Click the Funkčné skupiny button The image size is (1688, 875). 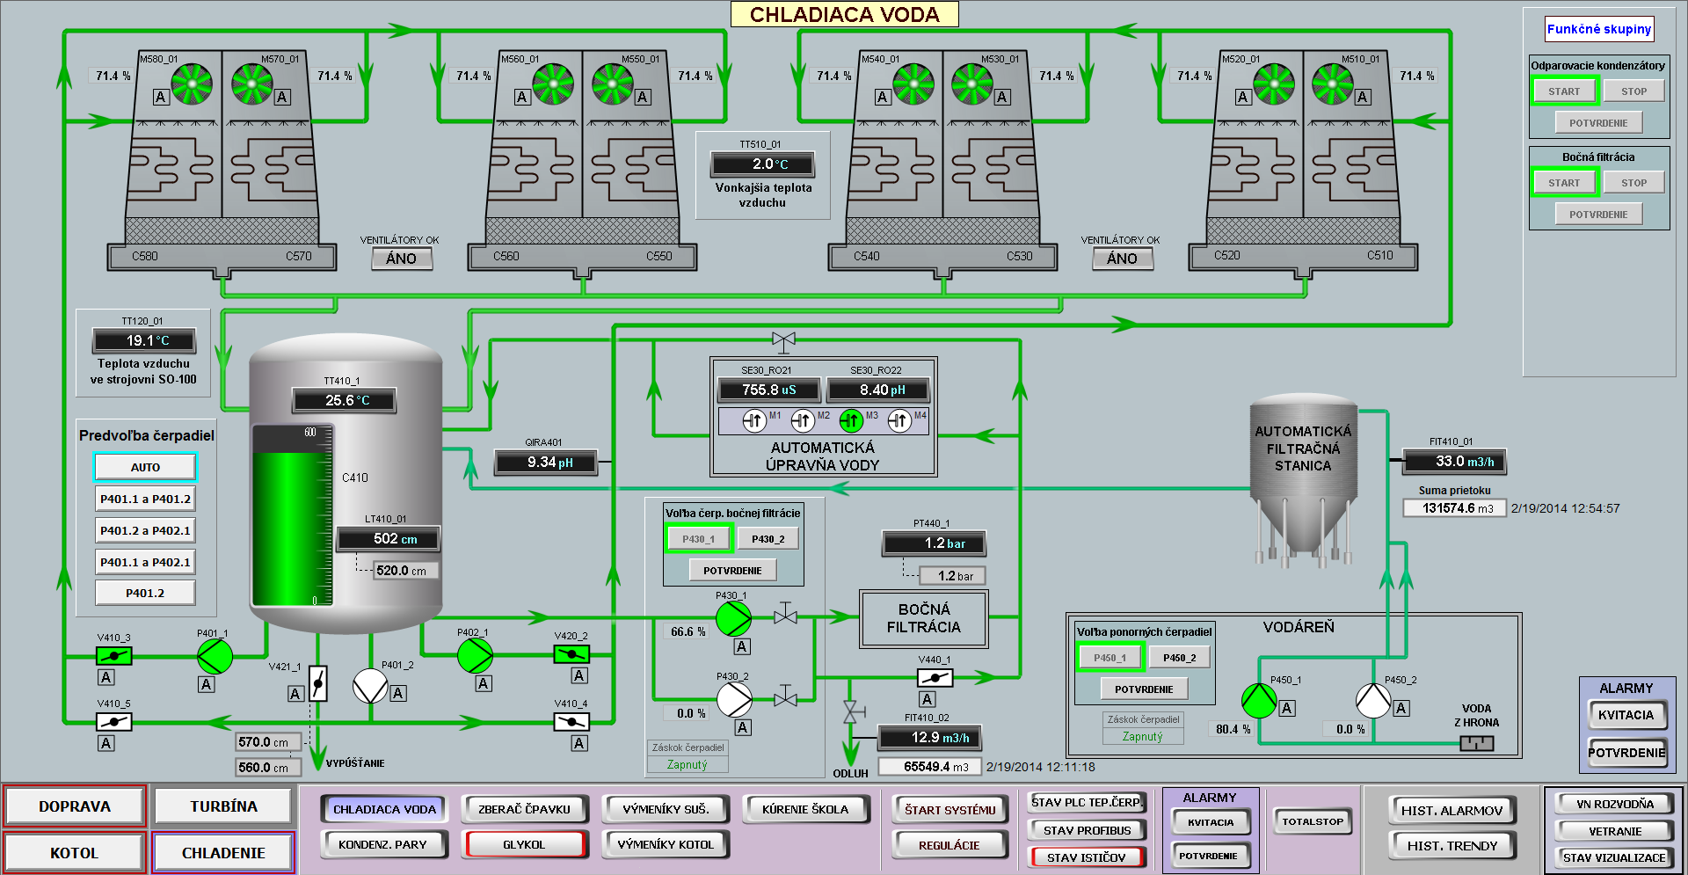coord(1599,29)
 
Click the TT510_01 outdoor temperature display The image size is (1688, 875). coord(763,164)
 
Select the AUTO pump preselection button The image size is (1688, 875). coord(145,467)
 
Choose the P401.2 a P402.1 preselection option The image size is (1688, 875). coord(145,530)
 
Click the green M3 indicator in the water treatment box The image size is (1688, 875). coord(851,421)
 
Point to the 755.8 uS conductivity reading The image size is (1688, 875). coord(769,390)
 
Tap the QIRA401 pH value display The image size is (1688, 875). coord(546,462)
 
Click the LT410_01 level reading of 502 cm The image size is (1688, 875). coord(388,538)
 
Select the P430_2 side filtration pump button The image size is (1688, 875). coord(768,539)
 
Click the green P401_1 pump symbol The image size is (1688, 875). coord(215,656)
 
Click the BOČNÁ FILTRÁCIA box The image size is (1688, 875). coord(924,618)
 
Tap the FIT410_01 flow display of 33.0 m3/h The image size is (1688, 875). coord(1455,461)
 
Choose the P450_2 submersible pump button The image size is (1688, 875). coord(1180,658)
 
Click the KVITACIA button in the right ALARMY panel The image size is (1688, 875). coord(1626,715)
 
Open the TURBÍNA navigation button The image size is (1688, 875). coord(223,806)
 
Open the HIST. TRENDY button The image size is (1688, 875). coord(1452,845)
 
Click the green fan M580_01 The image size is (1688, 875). coord(192,84)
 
